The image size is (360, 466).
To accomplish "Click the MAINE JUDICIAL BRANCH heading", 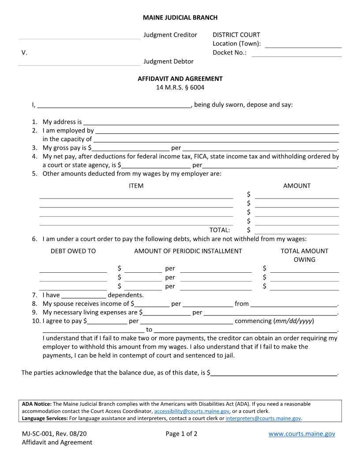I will [x=180, y=18].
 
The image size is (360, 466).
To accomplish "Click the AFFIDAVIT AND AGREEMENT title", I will [x=180, y=79].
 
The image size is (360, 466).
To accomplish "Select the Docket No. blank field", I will [x=296, y=53].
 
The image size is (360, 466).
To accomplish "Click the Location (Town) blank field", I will [x=303, y=44].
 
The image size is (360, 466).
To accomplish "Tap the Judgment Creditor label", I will [x=170, y=35].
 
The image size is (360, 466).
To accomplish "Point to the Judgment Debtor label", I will [x=168, y=61].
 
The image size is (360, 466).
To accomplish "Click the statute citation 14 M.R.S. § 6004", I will [x=180, y=87].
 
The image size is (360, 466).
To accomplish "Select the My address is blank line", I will [x=211, y=122].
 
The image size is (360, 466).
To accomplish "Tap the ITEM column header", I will [x=136, y=186].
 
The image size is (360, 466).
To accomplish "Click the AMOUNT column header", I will [x=296, y=186].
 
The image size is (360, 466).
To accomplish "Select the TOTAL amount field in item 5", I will [x=296, y=230].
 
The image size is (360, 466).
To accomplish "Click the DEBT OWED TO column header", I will [x=73, y=251].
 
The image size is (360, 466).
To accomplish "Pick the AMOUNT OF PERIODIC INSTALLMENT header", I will [x=188, y=251].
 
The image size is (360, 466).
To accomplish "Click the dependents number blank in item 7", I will [x=84, y=295].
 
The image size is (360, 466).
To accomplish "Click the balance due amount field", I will [x=274, y=373].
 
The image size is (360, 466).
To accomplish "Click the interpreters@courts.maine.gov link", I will [x=263, y=418].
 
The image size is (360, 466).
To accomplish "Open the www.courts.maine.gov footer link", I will [x=302, y=434].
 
